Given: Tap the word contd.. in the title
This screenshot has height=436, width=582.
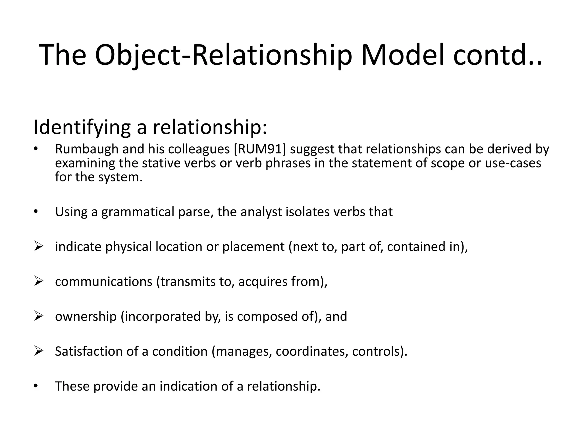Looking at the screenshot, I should [x=497, y=55].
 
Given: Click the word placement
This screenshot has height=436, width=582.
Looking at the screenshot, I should [x=253, y=247].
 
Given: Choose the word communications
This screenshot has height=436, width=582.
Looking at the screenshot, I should [x=104, y=282].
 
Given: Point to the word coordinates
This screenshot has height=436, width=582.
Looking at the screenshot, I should [x=312, y=351].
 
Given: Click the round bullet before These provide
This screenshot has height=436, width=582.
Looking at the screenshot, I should [x=35, y=386].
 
